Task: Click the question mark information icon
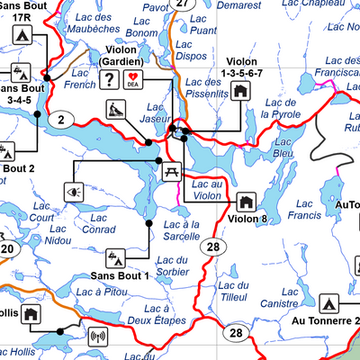tap(110, 81)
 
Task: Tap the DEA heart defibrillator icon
tap(134, 81)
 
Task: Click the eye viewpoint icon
tap(73, 191)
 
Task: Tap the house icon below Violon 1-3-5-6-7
tap(240, 90)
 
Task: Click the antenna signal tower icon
tap(97, 338)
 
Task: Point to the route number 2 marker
tap(61, 120)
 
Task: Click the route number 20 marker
tap(6, 249)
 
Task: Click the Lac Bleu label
tap(283, 148)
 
